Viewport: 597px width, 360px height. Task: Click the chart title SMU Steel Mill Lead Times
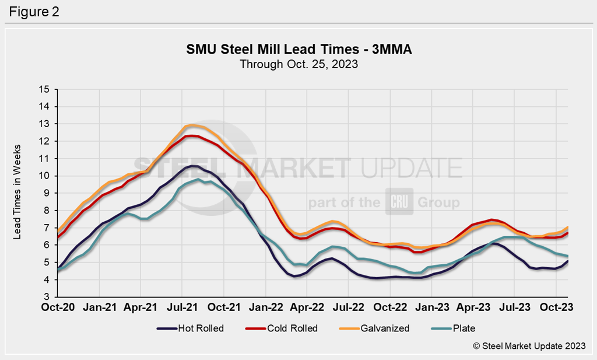(x=298, y=50)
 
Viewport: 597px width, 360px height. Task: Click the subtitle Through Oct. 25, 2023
(x=298, y=64)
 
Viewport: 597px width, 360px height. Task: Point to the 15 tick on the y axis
(x=45, y=89)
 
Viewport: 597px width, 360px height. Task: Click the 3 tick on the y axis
(x=47, y=297)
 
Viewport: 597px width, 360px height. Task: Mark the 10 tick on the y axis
(x=45, y=176)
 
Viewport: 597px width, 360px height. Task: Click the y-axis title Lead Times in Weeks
(x=18, y=193)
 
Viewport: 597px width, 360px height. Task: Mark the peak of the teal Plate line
(x=198, y=179)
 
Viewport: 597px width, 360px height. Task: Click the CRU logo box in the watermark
(x=399, y=202)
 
